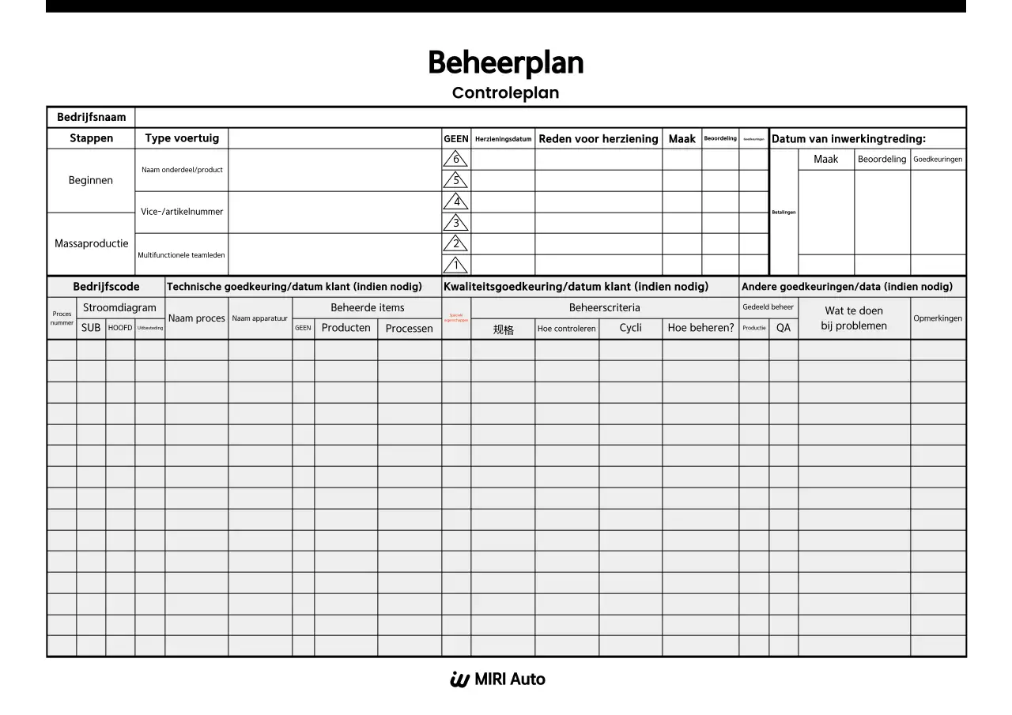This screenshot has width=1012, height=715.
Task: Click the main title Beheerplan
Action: click(x=505, y=62)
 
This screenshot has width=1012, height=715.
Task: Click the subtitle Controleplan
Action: click(x=505, y=92)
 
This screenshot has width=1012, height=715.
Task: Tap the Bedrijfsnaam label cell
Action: click(x=91, y=117)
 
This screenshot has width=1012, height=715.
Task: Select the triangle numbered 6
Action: click(x=455, y=160)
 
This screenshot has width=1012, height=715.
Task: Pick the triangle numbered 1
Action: click(x=455, y=265)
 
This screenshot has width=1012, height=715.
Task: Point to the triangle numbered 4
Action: click(x=455, y=202)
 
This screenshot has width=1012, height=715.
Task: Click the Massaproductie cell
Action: click(x=91, y=243)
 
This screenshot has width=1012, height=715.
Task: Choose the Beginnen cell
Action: click(x=91, y=180)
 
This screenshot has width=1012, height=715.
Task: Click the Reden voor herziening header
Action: click(x=598, y=138)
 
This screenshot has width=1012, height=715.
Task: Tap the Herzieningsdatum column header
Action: click(x=503, y=139)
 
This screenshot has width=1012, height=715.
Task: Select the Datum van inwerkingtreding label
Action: click(x=848, y=138)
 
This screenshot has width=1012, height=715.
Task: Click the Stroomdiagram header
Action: click(x=120, y=307)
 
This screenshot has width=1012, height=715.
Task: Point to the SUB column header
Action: click(x=91, y=328)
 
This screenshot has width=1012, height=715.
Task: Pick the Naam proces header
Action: click(x=197, y=318)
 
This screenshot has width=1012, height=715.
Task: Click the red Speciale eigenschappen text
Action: click(x=456, y=318)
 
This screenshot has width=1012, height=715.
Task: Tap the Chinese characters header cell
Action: click(x=503, y=329)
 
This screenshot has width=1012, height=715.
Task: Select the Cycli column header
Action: click(x=630, y=328)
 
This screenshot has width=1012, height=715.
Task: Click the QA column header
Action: click(x=783, y=328)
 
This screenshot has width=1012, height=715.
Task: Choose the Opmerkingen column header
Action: click(x=938, y=318)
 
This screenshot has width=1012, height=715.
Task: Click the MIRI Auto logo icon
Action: click(x=459, y=679)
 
